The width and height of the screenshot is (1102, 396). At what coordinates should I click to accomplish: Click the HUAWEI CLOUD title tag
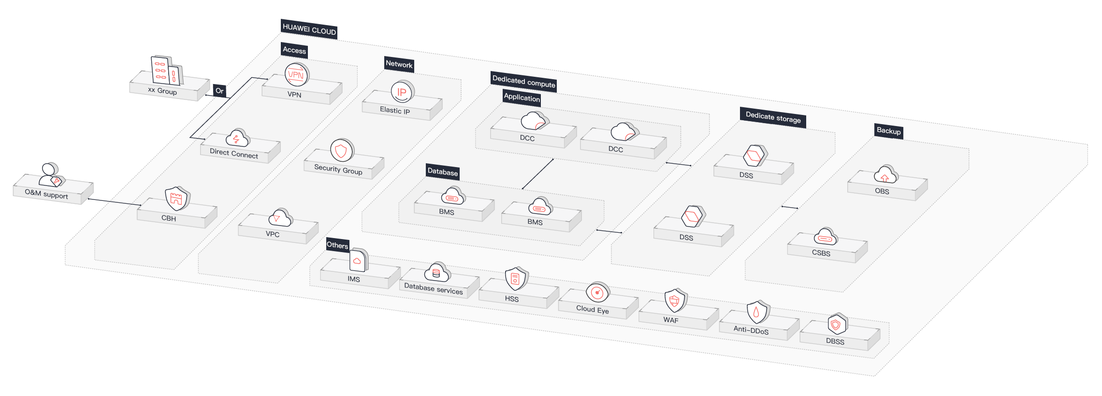coord(309,29)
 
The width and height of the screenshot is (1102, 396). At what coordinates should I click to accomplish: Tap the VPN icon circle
coord(296,75)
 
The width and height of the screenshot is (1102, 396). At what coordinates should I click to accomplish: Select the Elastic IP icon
coord(402,92)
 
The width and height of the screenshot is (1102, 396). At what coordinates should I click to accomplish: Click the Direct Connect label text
coord(234,154)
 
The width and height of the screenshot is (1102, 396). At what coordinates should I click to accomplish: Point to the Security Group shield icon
coord(341,151)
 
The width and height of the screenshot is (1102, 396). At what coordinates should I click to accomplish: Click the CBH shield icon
coord(176,198)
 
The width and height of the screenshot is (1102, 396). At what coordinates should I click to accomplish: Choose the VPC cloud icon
coord(280,218)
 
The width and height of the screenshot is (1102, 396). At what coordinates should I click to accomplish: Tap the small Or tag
coord(219,91)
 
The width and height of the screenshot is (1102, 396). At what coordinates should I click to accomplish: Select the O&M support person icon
coord(50,175)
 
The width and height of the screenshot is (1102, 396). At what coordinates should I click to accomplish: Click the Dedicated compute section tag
coord(523,82)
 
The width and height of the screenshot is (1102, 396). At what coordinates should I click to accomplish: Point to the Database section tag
coord(442,172)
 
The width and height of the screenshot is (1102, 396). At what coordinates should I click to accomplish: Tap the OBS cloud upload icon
coord(885,175)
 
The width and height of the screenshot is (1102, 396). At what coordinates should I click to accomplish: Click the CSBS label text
coord(821,253)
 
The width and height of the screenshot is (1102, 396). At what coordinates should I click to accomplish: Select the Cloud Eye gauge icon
coord(597,292)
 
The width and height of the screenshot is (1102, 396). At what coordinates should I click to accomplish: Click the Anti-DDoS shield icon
coord(756,312)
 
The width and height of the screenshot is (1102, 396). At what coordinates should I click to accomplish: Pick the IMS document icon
coord(358,261)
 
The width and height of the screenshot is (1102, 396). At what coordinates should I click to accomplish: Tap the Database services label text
coord(433,289)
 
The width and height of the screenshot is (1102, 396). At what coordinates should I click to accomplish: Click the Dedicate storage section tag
coord(772,117)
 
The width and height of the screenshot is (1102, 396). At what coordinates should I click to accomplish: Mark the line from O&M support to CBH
coord(115,202)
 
